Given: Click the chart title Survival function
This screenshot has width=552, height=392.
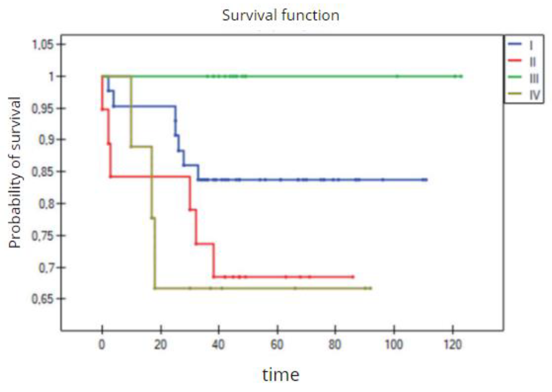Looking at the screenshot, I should click(281, 15).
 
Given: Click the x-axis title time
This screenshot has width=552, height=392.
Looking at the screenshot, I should click(281, 375).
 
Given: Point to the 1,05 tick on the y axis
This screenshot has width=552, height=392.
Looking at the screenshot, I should click(43, 45).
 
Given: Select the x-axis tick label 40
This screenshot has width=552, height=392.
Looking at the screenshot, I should click(218, 345).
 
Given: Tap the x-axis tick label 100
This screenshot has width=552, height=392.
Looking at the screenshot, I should click(394, 345).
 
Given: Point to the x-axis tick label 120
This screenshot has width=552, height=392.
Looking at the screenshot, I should click(453, 345).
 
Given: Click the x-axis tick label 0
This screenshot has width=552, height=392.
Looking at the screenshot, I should click(102, 345).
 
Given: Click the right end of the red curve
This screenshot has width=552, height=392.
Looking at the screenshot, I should click(353, 277).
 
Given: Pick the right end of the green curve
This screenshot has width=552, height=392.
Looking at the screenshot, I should click(461, 76).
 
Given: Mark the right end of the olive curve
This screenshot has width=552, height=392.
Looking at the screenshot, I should click(371, 288).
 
